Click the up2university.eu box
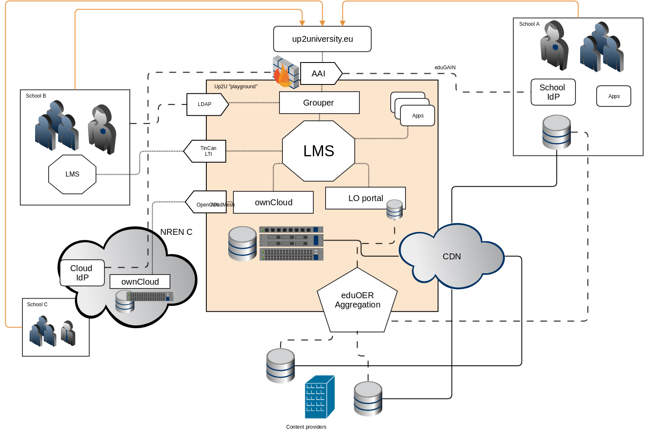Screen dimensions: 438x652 [x=322, y=39]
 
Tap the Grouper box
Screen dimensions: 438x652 [x=319, y=103]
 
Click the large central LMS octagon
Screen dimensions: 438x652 [x=318, y=151]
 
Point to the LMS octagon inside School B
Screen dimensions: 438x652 [x=72, y=174]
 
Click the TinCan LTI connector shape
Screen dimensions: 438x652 [x=206, y=151]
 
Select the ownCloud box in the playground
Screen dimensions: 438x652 [x=273, y=202]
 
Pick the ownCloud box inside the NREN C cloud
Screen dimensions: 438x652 [x=140, y=282]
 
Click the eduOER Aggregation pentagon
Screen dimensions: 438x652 [x=357, y=300]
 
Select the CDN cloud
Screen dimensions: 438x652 [x=451, y=256]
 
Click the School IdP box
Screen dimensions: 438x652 [x=553, y=92]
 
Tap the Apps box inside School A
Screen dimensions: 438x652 [x=614, y=96]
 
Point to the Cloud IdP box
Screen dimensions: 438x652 [x=82, y=273]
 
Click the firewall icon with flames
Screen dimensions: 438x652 [x=285, y=72]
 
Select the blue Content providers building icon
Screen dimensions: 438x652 [x=320, y=397]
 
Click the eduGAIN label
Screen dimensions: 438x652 [x=445, y=68]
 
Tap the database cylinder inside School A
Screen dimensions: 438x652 [x=556, y=132]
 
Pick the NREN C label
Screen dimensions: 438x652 [x=176, y=232]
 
